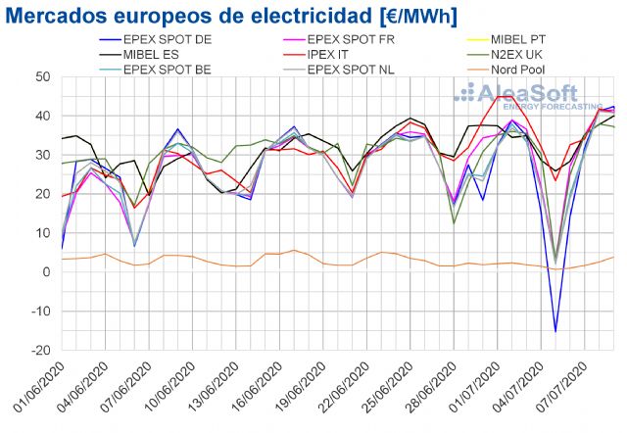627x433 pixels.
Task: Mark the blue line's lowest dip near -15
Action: coord(555,331)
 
